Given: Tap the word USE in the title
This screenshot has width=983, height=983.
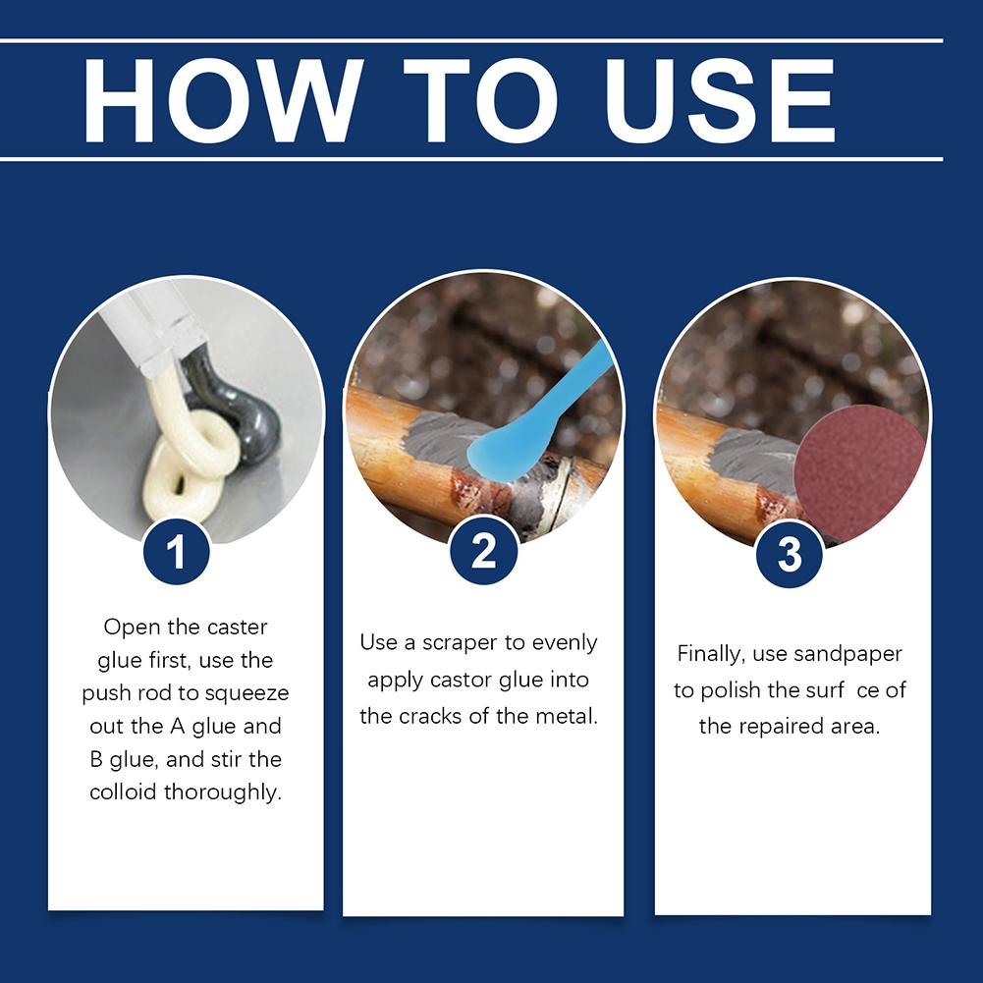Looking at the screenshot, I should [x=720, y=100].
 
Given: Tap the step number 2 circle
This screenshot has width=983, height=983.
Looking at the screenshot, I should [x=483, y=553].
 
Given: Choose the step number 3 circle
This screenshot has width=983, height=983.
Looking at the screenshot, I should [x=791, y=555].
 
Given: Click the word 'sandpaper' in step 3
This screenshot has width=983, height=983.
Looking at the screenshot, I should [x=854, y=654].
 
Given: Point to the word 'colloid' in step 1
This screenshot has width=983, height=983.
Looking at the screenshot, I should [x=123, y=792].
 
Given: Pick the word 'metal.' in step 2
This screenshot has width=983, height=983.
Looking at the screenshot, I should [x=565, y=716].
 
